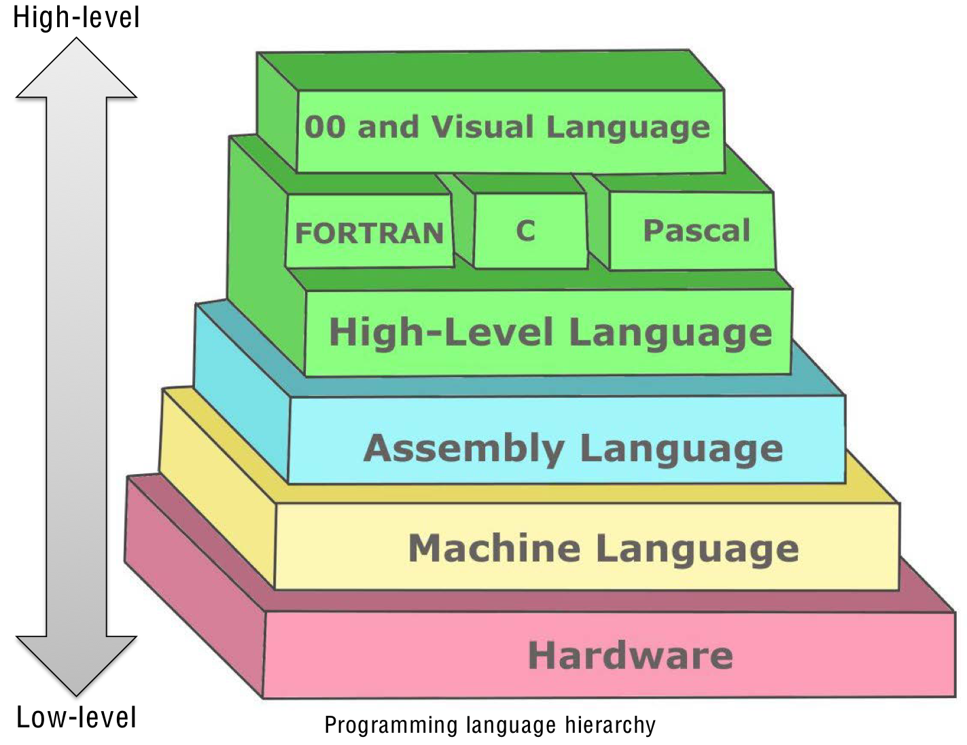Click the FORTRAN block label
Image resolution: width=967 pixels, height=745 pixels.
coord(369,234)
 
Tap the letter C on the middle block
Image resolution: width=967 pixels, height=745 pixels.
coord(525,231)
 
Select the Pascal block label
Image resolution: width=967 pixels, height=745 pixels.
coord(697,231)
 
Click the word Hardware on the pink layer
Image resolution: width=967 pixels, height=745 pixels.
coord(631,656)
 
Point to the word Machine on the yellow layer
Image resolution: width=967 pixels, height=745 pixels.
coord(493,548)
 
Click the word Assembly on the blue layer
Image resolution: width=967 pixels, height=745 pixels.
coord(464,449)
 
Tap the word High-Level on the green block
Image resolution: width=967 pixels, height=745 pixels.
coord(441,333)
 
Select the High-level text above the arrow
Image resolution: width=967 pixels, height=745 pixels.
coord(76,18)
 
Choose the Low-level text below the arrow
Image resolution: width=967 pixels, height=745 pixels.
coord(76,718)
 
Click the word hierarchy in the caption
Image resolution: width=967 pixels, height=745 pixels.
coord(610,725)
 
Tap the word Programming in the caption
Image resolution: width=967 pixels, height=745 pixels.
coord(391,725)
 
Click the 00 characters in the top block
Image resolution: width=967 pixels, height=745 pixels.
coord(325,127)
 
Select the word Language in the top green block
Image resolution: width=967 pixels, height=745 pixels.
coord(628,127)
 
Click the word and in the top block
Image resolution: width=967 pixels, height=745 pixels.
coord(388,127)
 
